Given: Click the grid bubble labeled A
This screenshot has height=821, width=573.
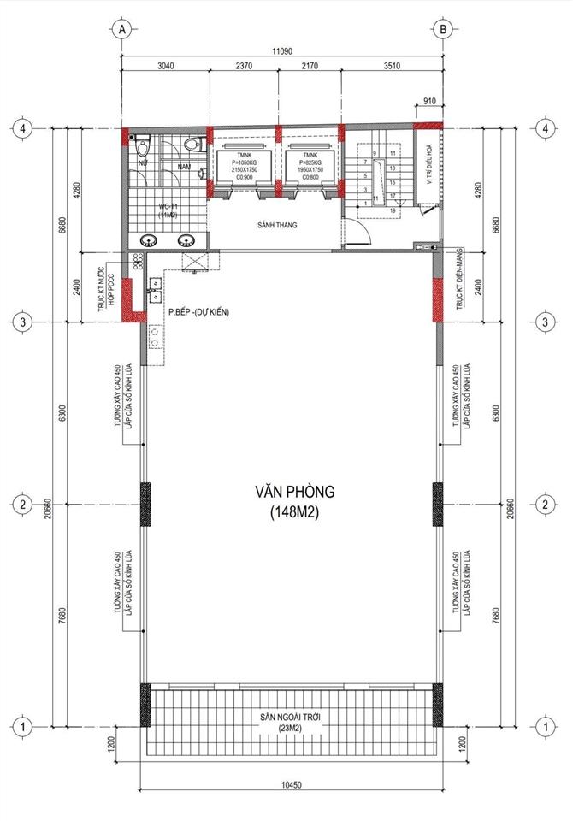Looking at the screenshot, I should [122, 30].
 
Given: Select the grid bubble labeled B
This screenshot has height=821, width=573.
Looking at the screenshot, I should [443, 30].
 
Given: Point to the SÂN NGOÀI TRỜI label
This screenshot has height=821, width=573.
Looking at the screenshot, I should [293, 716].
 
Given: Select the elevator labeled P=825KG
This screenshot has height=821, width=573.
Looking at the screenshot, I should [310, 163].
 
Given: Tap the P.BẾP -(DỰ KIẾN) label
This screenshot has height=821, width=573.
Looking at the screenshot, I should [199, 312].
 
